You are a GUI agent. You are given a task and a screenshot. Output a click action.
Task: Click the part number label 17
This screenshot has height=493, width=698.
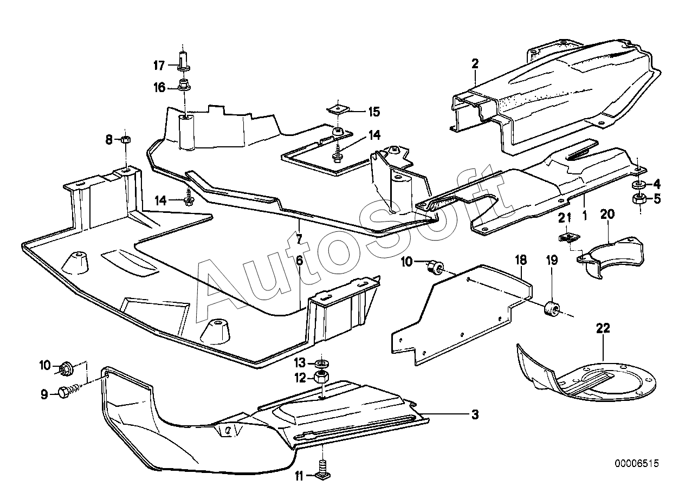tap(158, 66)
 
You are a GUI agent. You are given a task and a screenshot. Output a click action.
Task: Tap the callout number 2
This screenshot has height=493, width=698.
tap(475, 64)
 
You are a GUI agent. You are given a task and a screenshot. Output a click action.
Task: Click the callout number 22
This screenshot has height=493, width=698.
tap(603, 328)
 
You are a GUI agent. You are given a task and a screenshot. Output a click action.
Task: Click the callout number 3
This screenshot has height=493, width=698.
tap(475, 415)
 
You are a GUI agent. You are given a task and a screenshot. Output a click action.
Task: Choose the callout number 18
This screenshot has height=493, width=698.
tap(520, 261)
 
